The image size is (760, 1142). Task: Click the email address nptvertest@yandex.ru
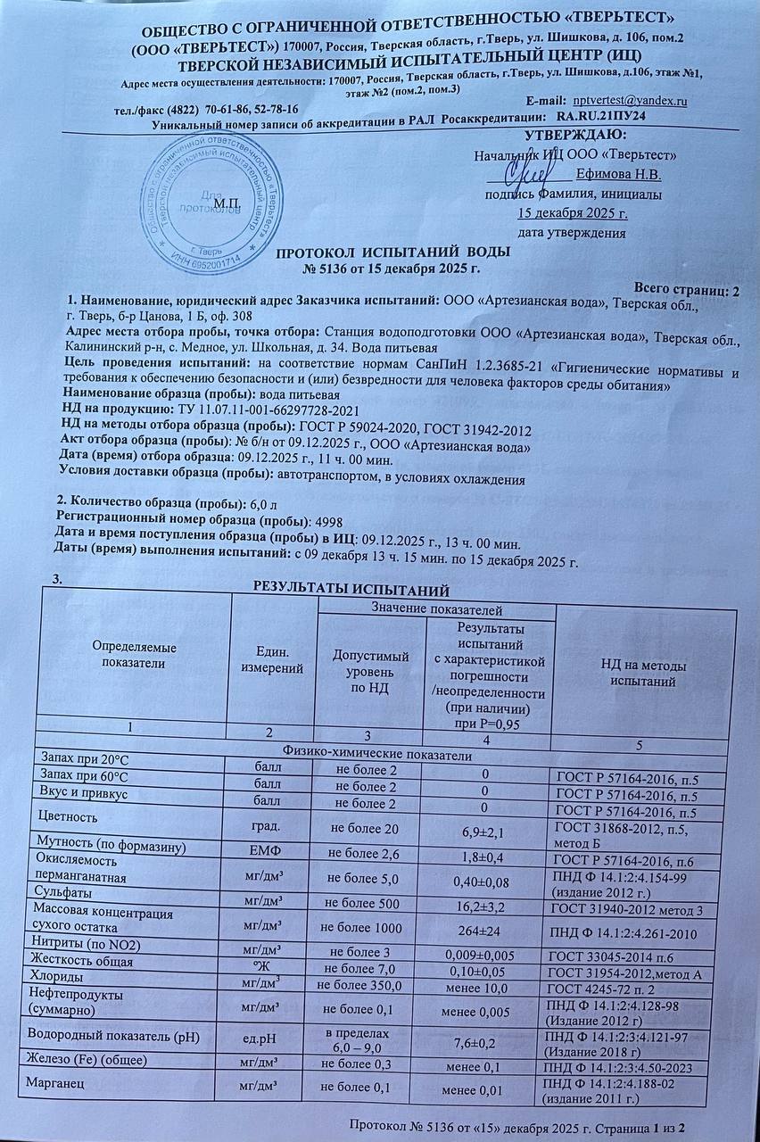point(630,102)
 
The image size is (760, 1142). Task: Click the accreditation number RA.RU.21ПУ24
point(601,117)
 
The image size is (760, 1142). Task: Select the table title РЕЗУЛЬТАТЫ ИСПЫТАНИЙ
point(346,590)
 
